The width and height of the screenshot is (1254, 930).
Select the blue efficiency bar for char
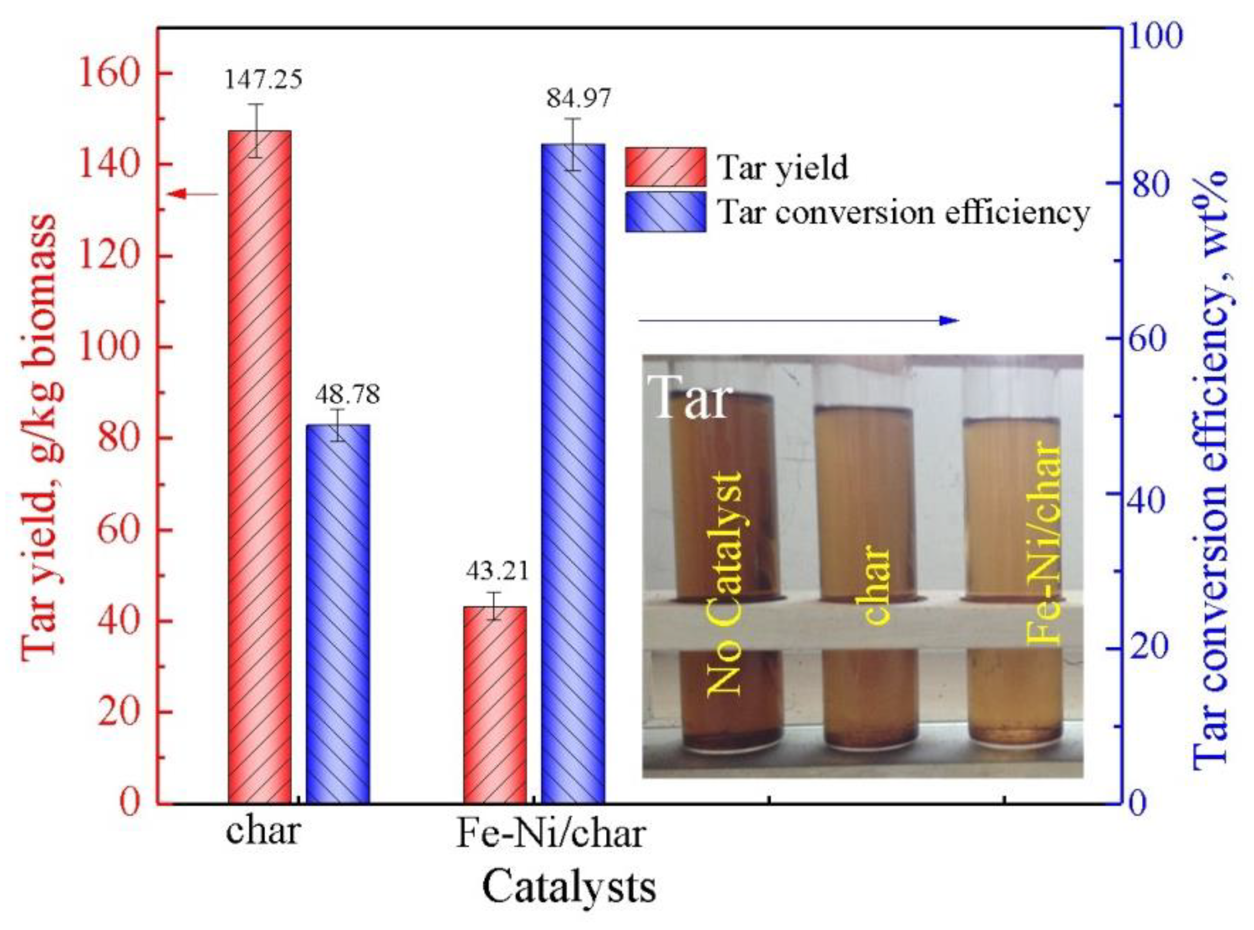(337, 613)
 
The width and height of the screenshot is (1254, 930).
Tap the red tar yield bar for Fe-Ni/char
(494, 704)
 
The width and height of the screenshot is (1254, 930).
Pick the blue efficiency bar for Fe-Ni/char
(572, 473)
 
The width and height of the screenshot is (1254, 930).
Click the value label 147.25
(264, 79)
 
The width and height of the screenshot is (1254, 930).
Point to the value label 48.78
(347, 394)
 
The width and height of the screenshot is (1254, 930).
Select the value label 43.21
(498, 571)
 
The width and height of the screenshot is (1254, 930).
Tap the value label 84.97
(578, 99)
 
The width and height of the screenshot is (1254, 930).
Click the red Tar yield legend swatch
(665, 167)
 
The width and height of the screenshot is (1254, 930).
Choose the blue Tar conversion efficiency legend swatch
(665, 212)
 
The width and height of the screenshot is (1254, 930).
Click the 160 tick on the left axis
(108, 73)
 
